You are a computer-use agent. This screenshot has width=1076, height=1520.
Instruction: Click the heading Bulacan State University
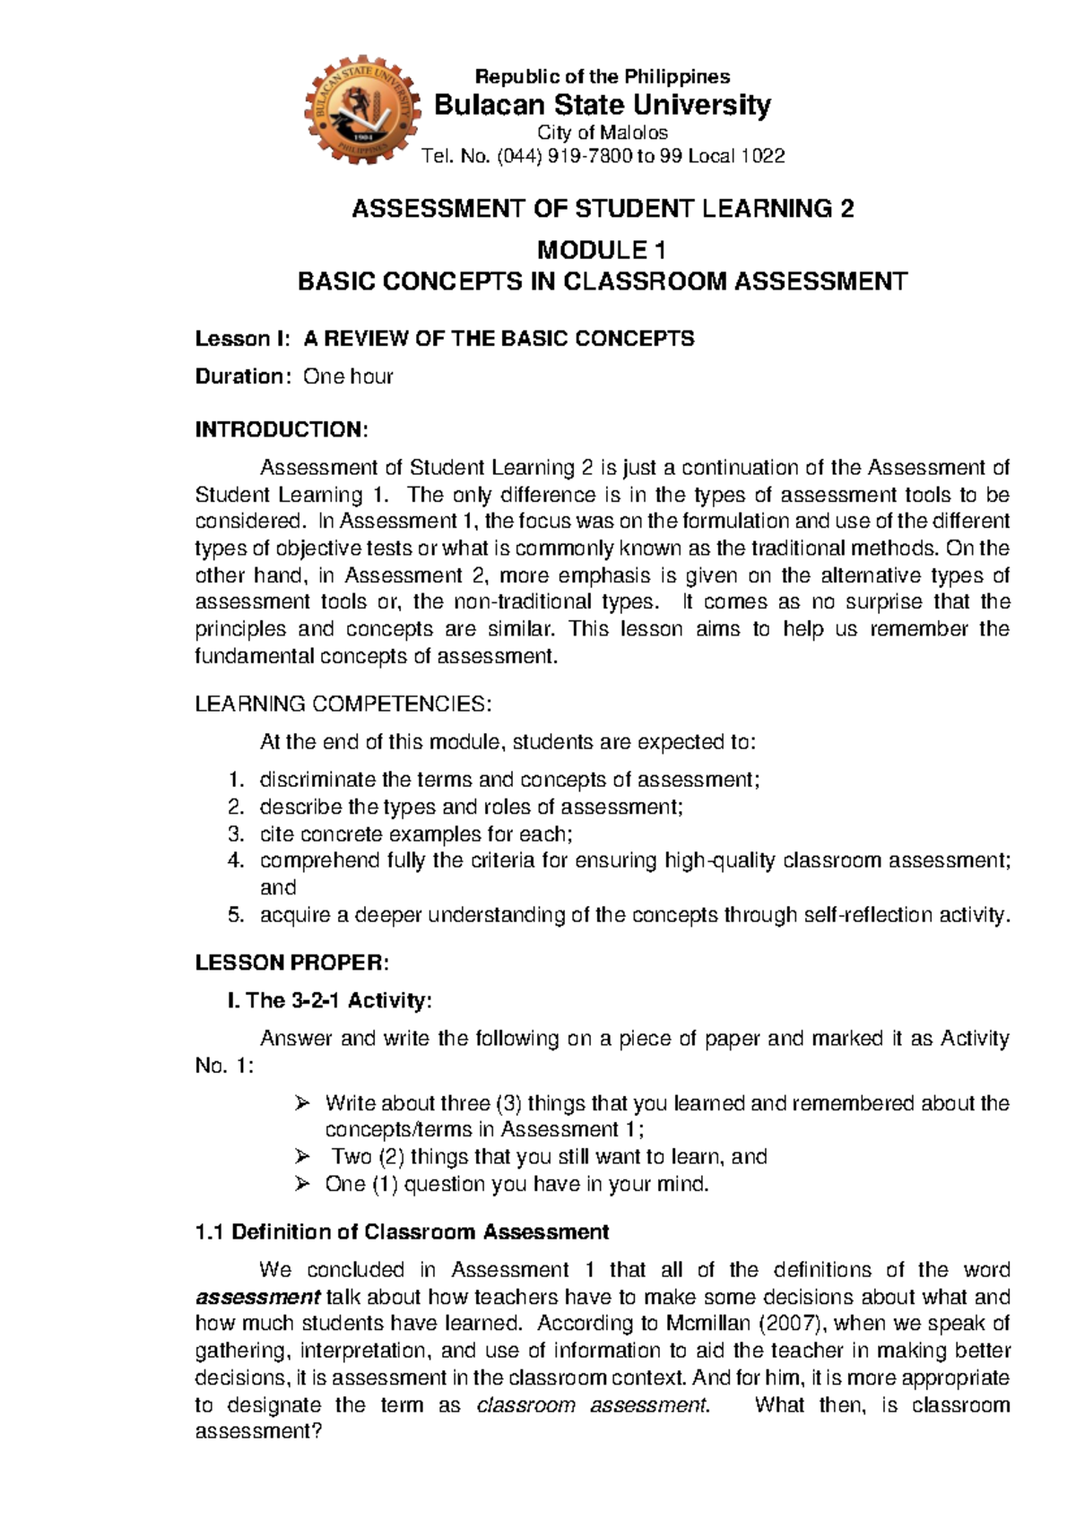pyautogui.click(x=602, y=106)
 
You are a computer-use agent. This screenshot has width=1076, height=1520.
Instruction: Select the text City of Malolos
pyautogui.click(x=602, y=133)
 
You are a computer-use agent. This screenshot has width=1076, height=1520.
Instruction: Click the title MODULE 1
pyautogui.click(x=602, y=249)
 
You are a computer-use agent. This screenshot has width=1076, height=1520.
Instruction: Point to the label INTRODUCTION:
pyautogui.click(x=281, y=429)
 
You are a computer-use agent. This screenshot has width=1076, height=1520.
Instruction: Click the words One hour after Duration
pyautogui.click(x=348, y=376)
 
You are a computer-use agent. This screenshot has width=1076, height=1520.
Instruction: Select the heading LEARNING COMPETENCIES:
pyautogui.click(x=343, y=704)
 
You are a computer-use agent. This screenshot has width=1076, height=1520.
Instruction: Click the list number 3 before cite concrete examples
pyautogui.click(x=235, y=833)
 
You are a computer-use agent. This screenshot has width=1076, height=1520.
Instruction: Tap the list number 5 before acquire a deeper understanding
pyautogui.click(x=235, y=915)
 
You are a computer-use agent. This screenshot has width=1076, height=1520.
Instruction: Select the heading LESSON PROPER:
pyautogui.click(x=291, y=963)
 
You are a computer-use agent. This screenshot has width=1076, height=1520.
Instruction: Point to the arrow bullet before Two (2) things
pyautogui.click(x=301, y=1156)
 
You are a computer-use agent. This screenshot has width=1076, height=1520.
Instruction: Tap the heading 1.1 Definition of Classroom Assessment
pyautogui.click(x=402, y=1232)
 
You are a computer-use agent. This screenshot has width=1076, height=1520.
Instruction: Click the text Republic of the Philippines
pyautogui.click(x=602, y=77)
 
